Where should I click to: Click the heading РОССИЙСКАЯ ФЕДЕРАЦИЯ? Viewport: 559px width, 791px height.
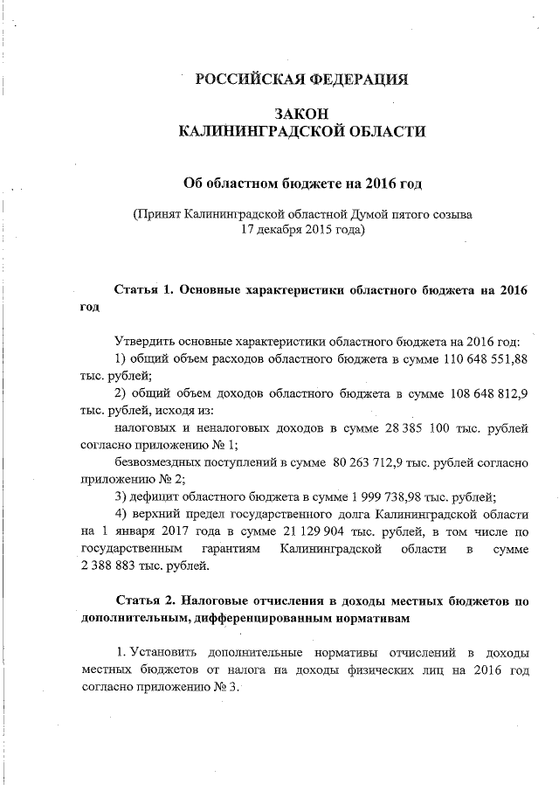[301, 80]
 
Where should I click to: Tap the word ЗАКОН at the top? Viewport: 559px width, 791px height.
[301, 114]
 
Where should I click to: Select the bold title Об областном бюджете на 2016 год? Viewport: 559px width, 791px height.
[301, 183]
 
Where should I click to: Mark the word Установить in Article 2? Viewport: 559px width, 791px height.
[164, 653]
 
